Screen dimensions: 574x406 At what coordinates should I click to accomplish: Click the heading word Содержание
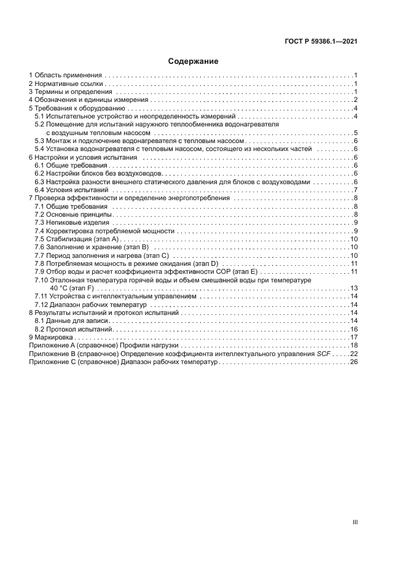[x=193, y=61]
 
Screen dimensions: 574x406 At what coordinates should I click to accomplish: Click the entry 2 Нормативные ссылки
[x=66, y=83]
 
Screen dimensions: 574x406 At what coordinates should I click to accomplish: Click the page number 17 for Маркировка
[x=354, y=338]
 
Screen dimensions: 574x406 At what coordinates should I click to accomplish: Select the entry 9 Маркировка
[x=51, y=338]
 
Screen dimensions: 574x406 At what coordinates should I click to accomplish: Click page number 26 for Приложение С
[x=354, y=362]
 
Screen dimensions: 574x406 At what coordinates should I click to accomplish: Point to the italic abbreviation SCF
[x=337, y=354]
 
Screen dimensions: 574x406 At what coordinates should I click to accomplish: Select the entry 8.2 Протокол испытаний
[x=73, y=330]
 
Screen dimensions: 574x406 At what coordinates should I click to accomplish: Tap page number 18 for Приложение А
[x=354, y=346]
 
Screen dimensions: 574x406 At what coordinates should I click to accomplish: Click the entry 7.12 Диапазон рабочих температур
[x=90, y=304]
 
